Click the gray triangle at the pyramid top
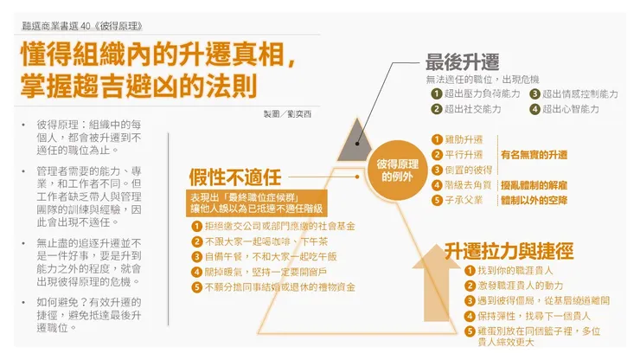tap(356, 144)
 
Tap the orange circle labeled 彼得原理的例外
tap(397, 170)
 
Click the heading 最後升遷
tap(462, 62)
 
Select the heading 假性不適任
tap(235, 177)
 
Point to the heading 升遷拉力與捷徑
tap(509, 251)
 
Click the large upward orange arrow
tap(437, 283)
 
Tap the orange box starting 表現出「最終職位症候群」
tap(256, 203)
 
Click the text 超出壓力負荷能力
tap(482, 94)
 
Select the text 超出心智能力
tap(571, 109)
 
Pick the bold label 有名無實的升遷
tap(534, 155)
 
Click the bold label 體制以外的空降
tap(534, 200)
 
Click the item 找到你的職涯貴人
tap(515, 271)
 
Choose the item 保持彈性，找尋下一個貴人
tap(534, 316)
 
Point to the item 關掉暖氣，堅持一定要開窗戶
tap(266, 272)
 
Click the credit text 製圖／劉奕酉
tap(287, 114)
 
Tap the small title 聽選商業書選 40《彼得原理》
tap(82, 27)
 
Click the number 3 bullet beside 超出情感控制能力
tap(534, 94)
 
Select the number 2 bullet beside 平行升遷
tap(437, 155)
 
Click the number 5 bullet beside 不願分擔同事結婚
tap(197, 287)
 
